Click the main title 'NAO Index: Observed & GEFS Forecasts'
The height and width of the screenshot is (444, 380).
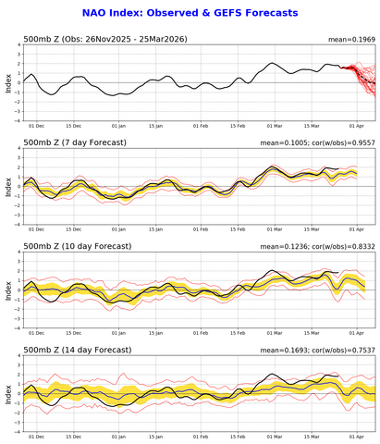tap(190, 13)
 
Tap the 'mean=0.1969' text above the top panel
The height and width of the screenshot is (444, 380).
tap(350, 40)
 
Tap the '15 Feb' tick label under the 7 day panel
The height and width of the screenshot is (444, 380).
tap(238, 228)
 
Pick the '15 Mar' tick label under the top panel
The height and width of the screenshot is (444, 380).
tap(314, 126)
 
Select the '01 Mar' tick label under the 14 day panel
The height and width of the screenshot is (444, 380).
tap(276, 435)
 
